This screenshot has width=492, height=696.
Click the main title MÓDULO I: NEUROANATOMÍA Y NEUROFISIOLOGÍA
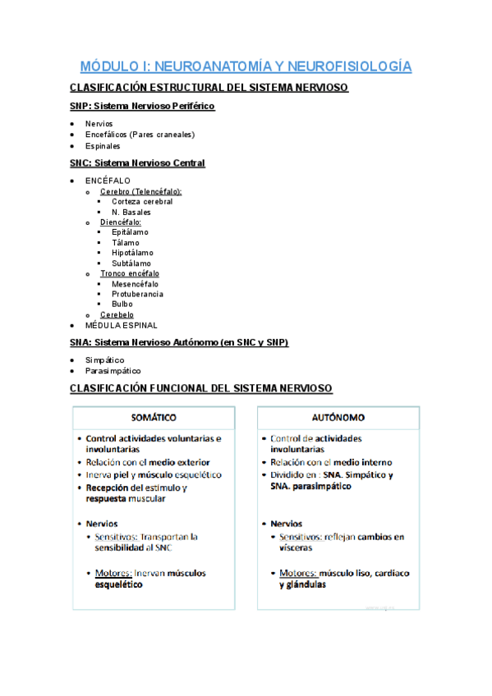246,66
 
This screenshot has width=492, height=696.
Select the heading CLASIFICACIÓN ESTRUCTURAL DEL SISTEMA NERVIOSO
209,88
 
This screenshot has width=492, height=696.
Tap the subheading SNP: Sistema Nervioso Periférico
142,106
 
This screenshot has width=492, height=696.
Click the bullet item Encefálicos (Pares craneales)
140,135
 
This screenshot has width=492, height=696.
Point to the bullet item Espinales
103,146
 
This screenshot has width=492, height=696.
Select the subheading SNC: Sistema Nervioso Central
137,163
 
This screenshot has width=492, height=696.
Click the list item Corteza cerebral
142,202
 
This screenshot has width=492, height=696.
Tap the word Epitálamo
131,232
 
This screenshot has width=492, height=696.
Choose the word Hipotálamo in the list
132,253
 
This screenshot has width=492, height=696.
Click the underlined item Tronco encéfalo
130,273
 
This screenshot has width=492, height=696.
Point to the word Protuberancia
137,294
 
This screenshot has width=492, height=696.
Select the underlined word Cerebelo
117,314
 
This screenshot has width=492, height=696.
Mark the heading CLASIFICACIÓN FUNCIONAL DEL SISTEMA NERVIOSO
201,387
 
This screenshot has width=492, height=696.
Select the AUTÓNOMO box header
338,417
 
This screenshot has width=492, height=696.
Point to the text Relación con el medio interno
331,462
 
